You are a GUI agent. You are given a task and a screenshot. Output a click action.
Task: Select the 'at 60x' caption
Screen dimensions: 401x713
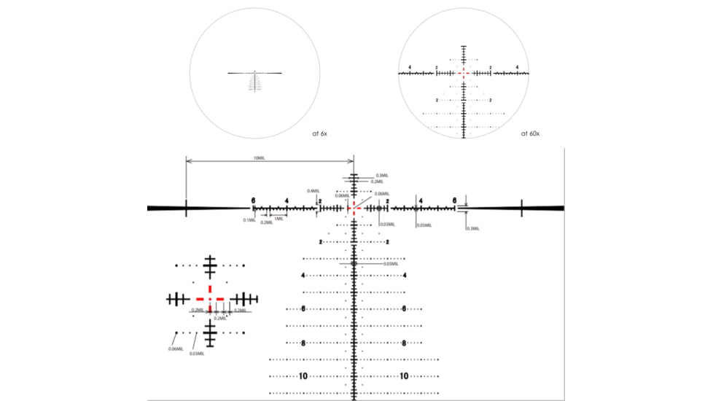coord(529,133)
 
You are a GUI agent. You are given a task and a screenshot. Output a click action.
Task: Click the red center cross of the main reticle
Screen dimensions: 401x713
coord(354,209)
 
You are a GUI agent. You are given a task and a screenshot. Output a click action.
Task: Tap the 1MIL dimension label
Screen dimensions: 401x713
coord(278,219)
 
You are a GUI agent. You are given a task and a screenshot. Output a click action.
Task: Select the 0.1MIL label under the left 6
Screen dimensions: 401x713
coord(249,219)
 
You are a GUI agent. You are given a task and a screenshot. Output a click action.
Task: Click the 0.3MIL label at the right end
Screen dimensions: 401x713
coord(473,229)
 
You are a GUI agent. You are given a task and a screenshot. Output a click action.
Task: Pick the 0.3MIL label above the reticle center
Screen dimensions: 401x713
coord(382,176)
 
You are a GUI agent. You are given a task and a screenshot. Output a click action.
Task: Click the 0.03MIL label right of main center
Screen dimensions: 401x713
coord(387,224)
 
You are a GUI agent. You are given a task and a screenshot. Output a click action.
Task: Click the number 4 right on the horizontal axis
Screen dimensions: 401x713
coord(421,200)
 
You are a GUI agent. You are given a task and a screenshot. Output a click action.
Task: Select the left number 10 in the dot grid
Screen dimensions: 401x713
coord(303,376)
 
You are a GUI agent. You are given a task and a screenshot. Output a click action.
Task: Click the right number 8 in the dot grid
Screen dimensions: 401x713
coord(404,343)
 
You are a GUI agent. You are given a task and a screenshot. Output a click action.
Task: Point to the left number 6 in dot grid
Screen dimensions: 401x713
coord(303,308)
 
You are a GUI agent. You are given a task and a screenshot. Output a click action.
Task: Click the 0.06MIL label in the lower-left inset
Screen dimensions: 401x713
coord(175,349)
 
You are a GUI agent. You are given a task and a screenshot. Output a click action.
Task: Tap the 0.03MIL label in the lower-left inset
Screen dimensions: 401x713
coord(196,354)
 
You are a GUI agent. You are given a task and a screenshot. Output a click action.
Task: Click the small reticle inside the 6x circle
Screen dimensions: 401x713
coord(254,79)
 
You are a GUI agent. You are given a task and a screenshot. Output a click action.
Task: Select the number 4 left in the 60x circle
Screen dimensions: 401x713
coord(410,68)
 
